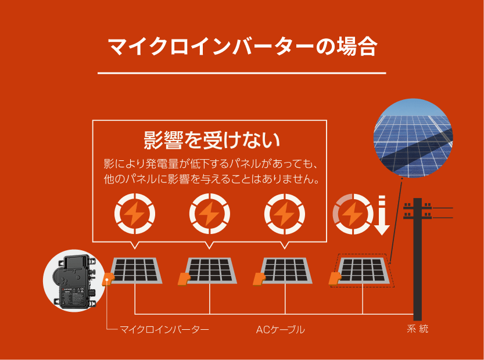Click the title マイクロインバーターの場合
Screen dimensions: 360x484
tap(242, 46)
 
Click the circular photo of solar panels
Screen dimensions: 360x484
tap(413, 138)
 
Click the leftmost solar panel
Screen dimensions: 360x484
tap(136, 271)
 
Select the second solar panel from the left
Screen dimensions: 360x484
tap(211, 271)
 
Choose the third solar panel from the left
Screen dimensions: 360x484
tap(286, 271)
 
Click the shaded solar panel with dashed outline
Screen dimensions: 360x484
tap(363, 271)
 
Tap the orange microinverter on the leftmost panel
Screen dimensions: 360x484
tap(108, 279)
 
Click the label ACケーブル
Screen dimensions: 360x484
tap(280, 330)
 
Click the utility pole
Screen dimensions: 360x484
tap(417, 255)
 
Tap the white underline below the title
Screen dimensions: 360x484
tap(242, 73)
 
